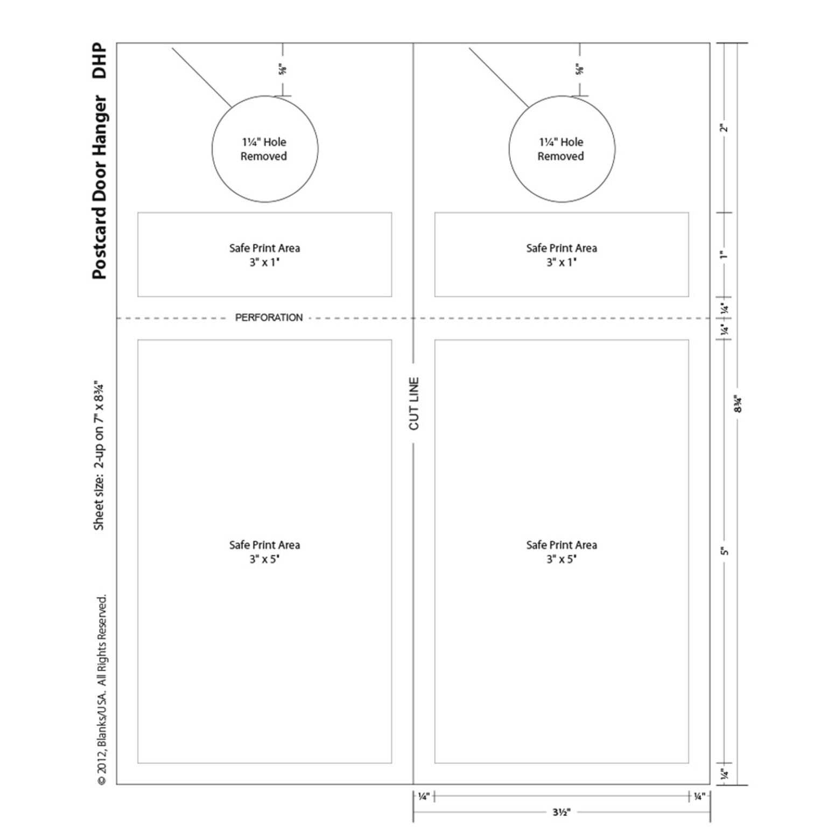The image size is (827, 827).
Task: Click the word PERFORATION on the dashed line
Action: click(x=269, y=318)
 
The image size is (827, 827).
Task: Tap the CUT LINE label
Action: click(x=413, y=403)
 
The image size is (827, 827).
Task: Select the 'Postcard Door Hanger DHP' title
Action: click(x=100, y=161)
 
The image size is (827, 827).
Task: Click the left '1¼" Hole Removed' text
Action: click(x=264, y=149)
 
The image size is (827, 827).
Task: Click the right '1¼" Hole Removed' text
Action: click(x=560, y=149)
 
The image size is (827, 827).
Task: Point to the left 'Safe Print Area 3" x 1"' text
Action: click(x=264, y=255)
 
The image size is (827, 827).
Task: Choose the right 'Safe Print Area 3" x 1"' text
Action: click(x=562, y=255)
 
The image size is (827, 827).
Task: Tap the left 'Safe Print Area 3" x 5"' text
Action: click(x=264, y=552)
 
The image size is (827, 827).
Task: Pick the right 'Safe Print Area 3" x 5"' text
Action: click(x=562, y=552)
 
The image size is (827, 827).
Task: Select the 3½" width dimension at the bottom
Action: click(x=561, y=812)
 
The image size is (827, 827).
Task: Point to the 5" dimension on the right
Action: click(x=725, y=551)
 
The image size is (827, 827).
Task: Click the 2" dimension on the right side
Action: click(x=725, y=128)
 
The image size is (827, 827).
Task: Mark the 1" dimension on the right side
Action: click(x=725, y=254)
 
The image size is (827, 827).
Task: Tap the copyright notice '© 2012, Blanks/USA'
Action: click(x=102, y=689)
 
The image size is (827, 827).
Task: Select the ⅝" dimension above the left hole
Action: click(x=283, y=69)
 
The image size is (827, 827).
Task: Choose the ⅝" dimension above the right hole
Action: click(x=579, y=69)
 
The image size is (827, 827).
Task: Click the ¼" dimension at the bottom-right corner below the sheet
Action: click(x=699, y=796)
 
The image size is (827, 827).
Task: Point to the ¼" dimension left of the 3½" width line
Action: click(x=423, y=796)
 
